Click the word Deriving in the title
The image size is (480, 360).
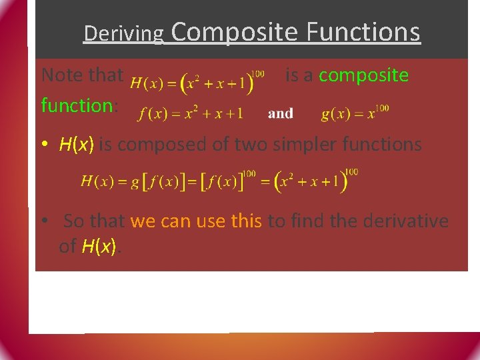tap(123, 33)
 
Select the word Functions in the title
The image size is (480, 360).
tap(363, 31)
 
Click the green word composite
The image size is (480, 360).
tap(363, 75)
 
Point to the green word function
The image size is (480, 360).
tap(77, 105)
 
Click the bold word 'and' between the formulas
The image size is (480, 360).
tap(280, 113)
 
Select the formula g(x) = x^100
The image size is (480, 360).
tap(355, 113)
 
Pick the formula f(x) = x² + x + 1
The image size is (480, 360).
tap(191, 113)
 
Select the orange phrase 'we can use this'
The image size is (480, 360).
tap(196, 221)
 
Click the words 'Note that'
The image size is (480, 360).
tap(82, 75)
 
